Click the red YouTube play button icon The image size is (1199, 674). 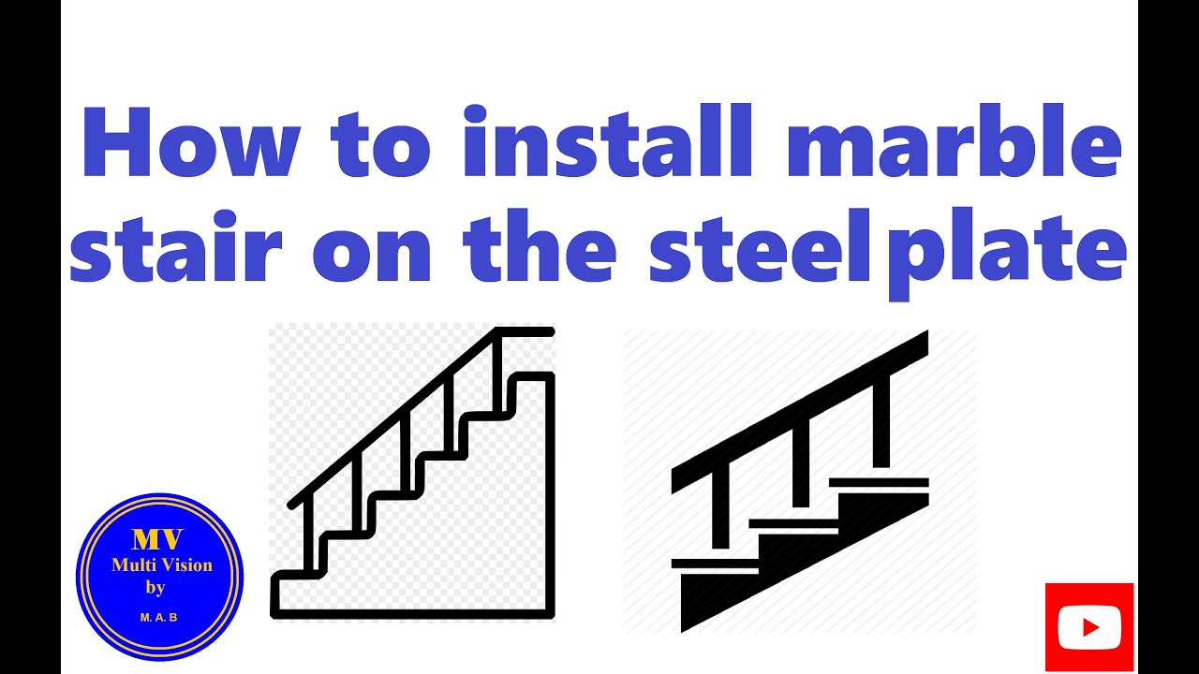pyautogui.click(x=1089, y=626)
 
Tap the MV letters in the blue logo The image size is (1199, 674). pyautogui.click(x=157, y=540)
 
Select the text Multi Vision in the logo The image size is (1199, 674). pyautogui.click(x=161, y=565)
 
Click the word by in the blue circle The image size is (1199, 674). pyautogui.click(x=155, y=589)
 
